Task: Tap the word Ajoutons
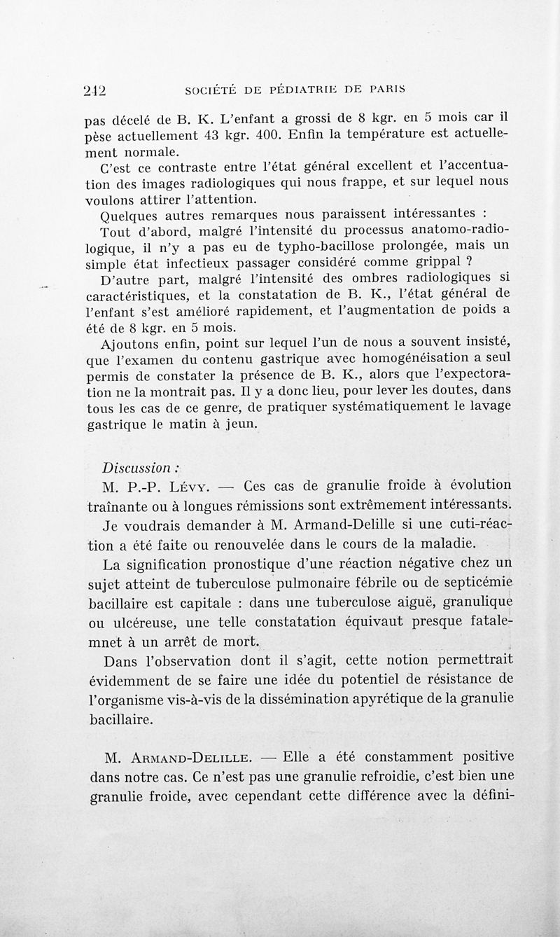pos(131,343)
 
